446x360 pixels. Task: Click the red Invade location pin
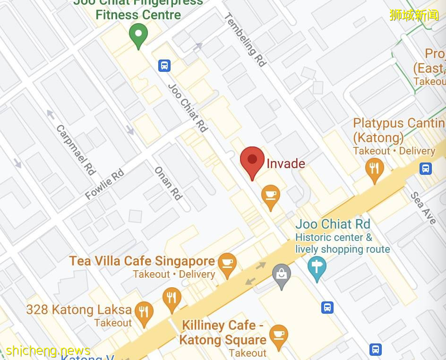(x=252, y=161)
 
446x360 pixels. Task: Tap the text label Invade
(x=286, y=164)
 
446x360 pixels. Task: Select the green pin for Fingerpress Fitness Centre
(x=138, y=34)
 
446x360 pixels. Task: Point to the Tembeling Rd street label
(x=245, y=40)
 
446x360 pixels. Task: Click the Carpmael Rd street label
(x=76, y=150)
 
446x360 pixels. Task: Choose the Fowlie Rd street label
(x=104, y=184)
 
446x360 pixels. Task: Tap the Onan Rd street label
(x=168, y=183)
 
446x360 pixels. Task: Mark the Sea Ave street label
(x=423, y=208)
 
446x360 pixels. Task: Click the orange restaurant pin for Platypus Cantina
(x=374, y=169)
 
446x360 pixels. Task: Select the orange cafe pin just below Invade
(x=270, y=196)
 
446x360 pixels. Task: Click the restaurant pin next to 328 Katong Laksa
(x=144, y=313)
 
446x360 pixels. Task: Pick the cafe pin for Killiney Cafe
(x=278, y=336)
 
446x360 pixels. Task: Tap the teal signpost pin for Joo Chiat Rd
(x=317, y=267)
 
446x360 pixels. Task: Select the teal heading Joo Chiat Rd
(x=333, y=224)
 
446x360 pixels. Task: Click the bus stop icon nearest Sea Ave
(x=426, y=168)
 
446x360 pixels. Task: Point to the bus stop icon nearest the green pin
(x=164, y=65)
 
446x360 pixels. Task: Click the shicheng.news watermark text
(x=48, y=351)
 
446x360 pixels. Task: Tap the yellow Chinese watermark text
(x=414, y=15)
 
